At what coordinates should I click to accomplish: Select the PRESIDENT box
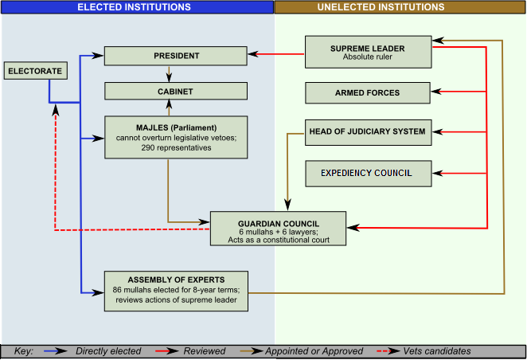(x=176, y=56)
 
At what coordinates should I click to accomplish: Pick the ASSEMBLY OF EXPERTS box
(x=176, y=291)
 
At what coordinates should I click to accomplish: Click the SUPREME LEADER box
(x=368, y=53)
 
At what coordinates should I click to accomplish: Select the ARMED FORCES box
(x=367, y=92)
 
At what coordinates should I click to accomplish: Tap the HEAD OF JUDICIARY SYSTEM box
(x=367, y=132)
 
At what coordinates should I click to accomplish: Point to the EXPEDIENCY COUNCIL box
(x=367, y=172)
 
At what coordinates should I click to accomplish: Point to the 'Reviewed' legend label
(x=205, y=351)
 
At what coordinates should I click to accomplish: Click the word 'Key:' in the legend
(x=23, y=351)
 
